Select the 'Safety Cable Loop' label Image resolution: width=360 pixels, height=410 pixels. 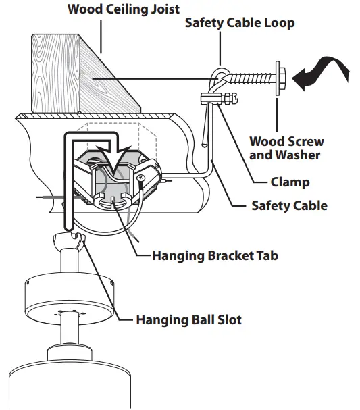(x=240, y=23)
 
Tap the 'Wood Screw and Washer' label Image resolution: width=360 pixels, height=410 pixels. (x=286, y=148)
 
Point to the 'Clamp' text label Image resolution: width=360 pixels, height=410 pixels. (x=290, y=182)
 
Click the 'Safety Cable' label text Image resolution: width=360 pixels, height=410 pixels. (x=289, y=205)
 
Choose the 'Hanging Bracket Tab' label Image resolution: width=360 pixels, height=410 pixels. (x=215, y=256)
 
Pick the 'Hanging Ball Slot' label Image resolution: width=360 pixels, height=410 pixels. (x=188, y=319)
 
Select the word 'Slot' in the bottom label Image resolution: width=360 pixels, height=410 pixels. (x=227, y=319)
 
